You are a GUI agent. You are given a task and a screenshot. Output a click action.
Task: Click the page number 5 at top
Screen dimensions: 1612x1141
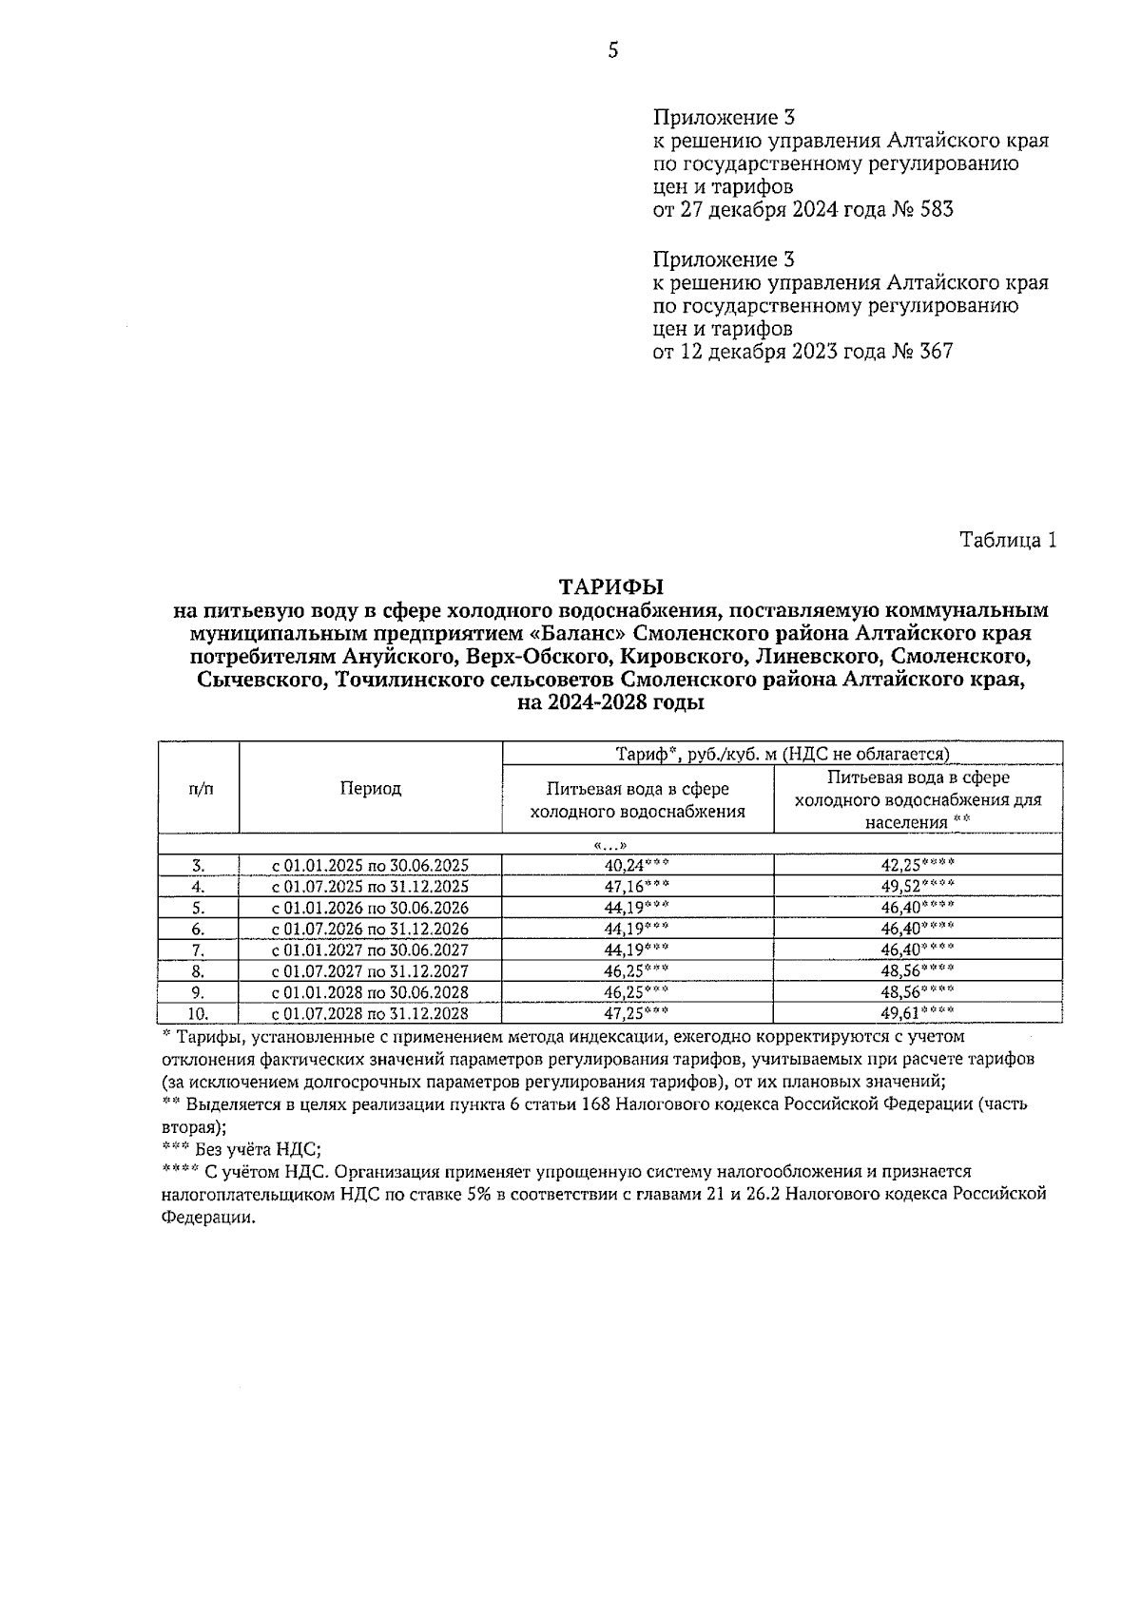click(x=612, y=50)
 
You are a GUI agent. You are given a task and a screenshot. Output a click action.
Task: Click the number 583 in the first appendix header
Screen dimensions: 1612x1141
click(x=935, y=209)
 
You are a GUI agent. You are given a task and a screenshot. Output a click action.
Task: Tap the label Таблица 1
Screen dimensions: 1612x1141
click(x=1008, y=540)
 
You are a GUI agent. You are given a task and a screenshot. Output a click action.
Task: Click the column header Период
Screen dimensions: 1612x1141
click(x=370, y=788)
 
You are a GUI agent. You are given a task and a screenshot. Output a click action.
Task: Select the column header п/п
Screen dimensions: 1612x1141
click(x=200, y=788)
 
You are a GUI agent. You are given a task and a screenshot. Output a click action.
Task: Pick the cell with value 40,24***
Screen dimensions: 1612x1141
click(x=637, y=865)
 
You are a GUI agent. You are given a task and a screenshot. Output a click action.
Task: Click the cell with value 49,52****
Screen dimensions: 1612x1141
click(x=918, y=886)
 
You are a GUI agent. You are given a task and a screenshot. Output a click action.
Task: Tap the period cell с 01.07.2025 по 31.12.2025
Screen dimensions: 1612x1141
click(x=370, y=886)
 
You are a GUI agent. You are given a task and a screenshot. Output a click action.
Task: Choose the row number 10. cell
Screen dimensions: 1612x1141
click(x=198, y=1013)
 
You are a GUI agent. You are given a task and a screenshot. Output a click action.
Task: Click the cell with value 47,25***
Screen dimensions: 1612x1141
click(x=637, y=1013)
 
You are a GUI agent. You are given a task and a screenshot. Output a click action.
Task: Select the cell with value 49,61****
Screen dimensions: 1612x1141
click(x=918, y=1013)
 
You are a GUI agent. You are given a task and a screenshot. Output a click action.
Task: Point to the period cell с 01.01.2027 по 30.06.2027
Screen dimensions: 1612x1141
click(x=370, y=950)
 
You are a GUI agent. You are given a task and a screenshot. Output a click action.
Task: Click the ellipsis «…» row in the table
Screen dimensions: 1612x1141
click(x=609, y=845)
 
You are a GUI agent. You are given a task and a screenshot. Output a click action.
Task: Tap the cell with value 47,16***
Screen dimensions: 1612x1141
click(x=637, y=886)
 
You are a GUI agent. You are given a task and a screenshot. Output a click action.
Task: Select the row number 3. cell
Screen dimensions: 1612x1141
click(x=198, y=865)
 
